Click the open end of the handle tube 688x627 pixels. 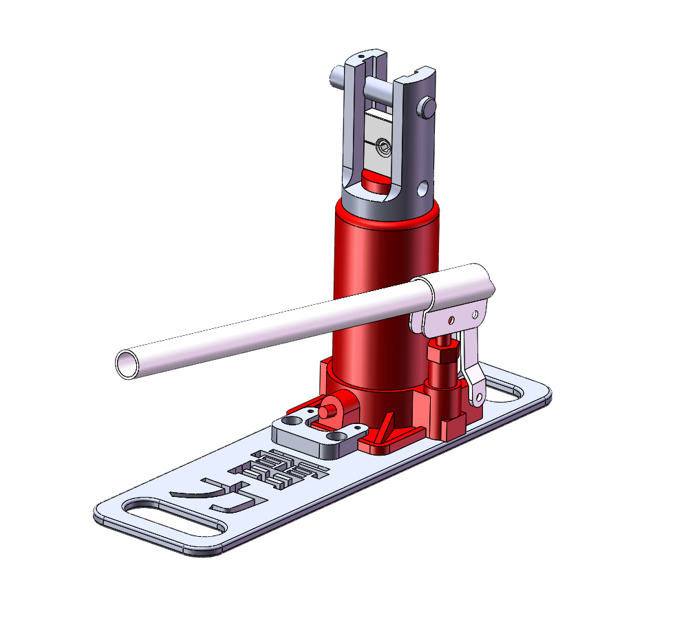(x=128, y=363)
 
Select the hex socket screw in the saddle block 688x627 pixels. (x=383, y=145)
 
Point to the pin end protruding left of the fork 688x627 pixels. (x=336, y=76)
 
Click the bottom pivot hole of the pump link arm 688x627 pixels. (x=475, y=396)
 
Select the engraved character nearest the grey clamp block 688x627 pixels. (x=289, y=469)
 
